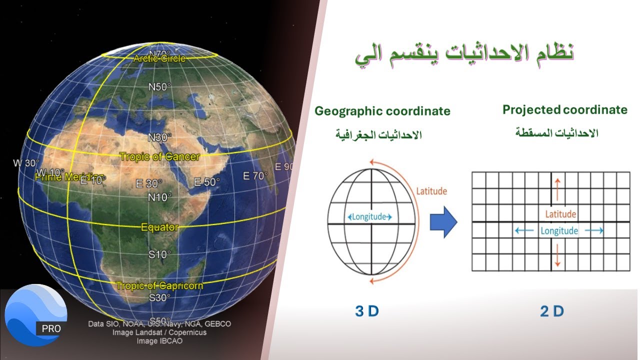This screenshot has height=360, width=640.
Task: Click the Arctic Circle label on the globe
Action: [159, 59]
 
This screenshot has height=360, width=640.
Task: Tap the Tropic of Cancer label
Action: [159, 157]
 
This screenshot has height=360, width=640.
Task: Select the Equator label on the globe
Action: [159, 227]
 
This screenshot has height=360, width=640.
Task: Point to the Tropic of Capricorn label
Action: [159, 286]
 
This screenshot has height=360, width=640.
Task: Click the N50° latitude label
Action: [159, 86]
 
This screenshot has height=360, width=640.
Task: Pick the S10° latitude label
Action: [159, 254]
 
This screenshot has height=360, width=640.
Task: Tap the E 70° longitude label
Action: [255, 176]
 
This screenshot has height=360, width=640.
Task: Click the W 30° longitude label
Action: [26, 163]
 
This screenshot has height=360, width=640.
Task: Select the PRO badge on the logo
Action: [51, 328]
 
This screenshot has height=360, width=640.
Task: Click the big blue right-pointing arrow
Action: [443, 221]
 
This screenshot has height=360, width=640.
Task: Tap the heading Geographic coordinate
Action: [382, 111]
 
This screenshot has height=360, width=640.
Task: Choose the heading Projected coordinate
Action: [565, 110]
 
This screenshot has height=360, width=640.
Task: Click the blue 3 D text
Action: [367, 311]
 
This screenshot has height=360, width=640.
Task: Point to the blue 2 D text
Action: [552, 311]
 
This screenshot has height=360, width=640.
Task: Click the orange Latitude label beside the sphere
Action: [431, 191]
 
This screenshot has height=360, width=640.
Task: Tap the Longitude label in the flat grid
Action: [559, 231]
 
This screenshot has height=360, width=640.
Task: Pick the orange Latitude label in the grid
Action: [560, 214]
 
